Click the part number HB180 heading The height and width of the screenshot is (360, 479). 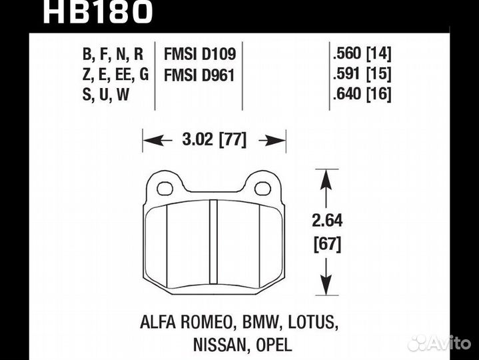pyautogui.click(x=99, y=11)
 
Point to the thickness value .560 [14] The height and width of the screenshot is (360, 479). pyautogui.click(x=361, y=53)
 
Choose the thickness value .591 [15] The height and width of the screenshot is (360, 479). pyautogui.click(x=361, y=73)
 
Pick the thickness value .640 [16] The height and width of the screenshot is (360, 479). pyautogui.click(x=361, y=95)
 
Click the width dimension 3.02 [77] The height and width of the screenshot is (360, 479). pyautogui.click(x=214, y=140)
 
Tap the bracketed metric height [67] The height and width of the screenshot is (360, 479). pyautogui.click(x=326, y=245)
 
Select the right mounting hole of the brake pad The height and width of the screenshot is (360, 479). pyautogui.click(x=262, y=187)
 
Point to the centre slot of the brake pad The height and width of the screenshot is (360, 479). pyautogui.click(x=214, y=243)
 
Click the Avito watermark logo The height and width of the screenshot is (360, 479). pyautogui.click(x=439, y=343)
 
